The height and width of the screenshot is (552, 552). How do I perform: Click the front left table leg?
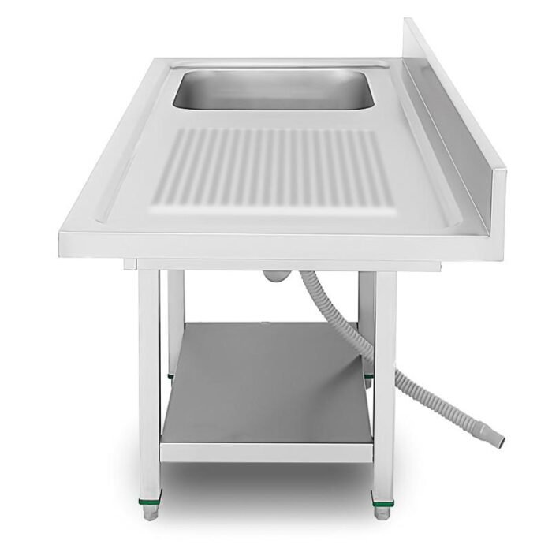click(x=149, y=379)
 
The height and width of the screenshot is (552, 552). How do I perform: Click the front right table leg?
click(x=384, y=379)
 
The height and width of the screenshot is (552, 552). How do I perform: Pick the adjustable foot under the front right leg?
click(x=382, y=512)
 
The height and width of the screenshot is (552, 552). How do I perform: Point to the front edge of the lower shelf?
click(x=266, y=453)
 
